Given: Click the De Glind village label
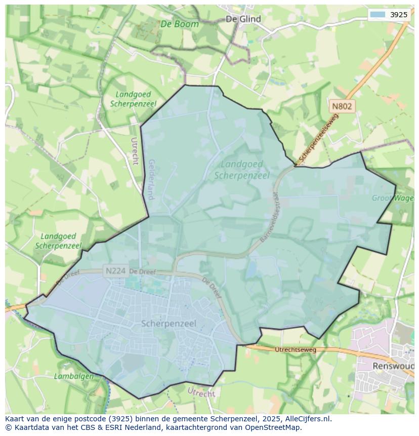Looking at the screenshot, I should tap(243, 19).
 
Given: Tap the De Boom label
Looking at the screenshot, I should tap(180, 24).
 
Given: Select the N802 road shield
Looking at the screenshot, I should tap(342, 106).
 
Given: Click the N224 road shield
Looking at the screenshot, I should tap(115, 271).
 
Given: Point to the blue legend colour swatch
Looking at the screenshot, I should tap(378, 15).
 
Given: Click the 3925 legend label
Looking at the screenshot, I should tap(399, 15).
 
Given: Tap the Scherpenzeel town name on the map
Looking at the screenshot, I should tap(169, 323).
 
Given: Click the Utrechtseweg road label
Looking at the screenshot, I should tap(295, 349).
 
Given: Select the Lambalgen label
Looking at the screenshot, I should tap(74, 376).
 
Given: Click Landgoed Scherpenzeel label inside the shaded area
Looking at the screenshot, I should tap(242, 170).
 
